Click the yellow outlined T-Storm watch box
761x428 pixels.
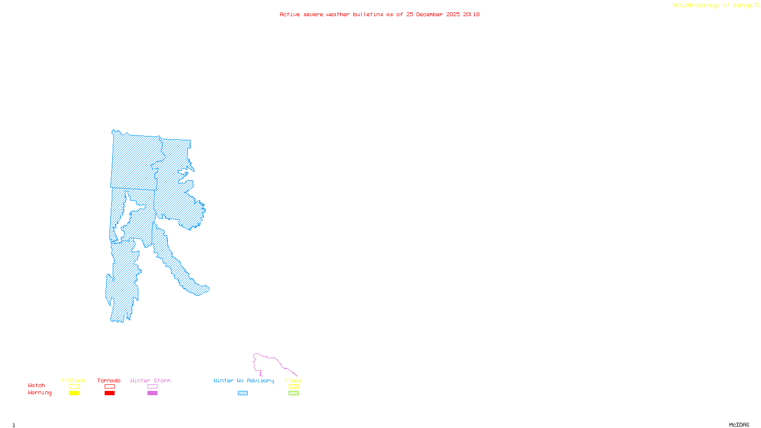pos(74,387)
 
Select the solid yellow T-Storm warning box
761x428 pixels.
pos(74,393)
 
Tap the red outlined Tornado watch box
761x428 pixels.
pos(109,387)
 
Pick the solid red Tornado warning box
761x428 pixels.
pos(109,393)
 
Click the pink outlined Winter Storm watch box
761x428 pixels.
pos(152,387)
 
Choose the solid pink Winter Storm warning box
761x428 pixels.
pos(152,393)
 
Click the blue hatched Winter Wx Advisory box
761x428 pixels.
pos(243,393)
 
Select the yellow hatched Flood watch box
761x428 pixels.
pos(293,387)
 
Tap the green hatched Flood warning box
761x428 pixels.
pos(293,393)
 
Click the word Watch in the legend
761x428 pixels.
pos(37,386)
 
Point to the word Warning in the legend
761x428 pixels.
pos(40,393)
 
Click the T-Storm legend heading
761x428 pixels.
pos(73,380)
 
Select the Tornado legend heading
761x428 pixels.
pos(109,380)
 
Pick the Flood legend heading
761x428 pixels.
pos(293,380)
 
